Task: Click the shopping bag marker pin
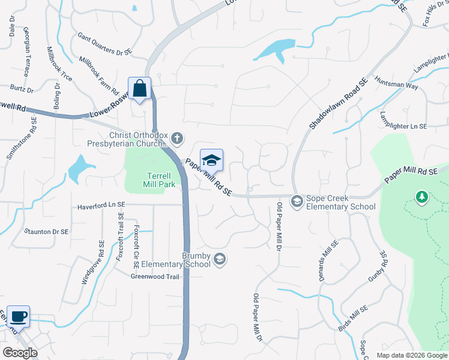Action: (139, 89)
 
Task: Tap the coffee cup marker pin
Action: (18, 317)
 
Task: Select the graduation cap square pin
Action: (211, 161)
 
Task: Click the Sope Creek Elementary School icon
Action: (297, 202)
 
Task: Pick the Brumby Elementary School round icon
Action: (220, 259)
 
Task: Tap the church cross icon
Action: (176, 139)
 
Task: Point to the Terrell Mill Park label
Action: (153, 180)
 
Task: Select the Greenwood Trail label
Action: (155, 277)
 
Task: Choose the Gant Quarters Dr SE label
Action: (104, 44)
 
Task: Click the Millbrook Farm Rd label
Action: (100, 75)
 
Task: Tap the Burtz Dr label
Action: (22, 89)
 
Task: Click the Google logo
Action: (20, 353)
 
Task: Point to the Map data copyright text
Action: (411, 355)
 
